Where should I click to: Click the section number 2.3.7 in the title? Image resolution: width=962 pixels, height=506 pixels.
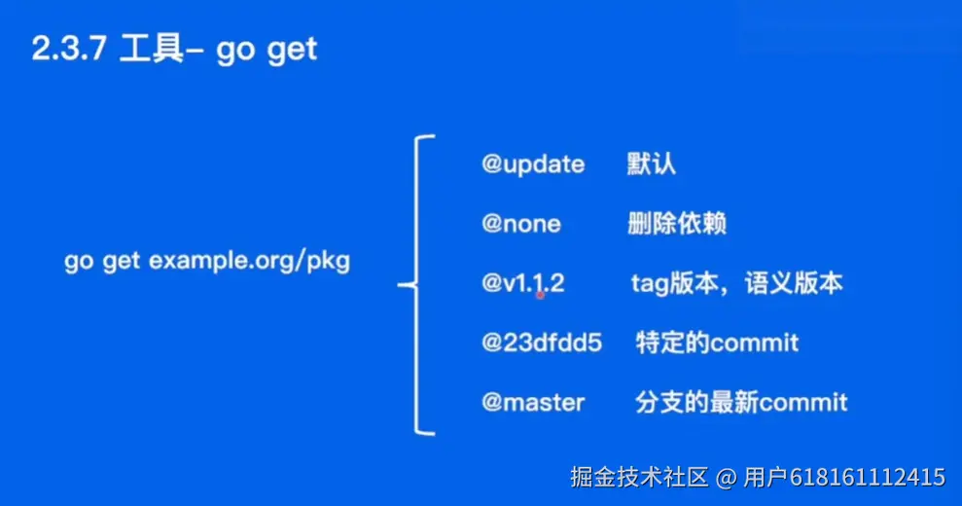(69, 49)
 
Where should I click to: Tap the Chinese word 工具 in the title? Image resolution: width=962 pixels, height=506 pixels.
(151, 49)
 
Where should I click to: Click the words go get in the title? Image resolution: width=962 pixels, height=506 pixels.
(267, 51)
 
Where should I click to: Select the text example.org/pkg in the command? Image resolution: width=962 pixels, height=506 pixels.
(249, 261)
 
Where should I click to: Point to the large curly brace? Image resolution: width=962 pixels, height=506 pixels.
(416, 284)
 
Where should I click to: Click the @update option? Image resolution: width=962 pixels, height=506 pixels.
(533, 164)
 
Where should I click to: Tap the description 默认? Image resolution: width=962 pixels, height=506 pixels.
(651, 163)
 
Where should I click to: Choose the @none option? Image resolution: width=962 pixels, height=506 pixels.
(520, 224)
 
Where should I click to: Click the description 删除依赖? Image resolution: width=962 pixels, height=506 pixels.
(677, 224)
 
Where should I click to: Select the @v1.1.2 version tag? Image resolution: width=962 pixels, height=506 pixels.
(522, 283)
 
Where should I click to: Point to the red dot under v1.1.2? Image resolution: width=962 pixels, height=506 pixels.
(541, 296)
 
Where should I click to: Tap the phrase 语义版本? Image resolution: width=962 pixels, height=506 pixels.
(794, 283)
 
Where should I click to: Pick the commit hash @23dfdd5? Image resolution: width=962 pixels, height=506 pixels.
(542, 343)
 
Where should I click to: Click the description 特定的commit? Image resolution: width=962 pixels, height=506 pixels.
(717, 343)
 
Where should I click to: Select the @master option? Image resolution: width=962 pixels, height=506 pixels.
(533, 403)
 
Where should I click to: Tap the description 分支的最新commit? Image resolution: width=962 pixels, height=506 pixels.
(741, 403)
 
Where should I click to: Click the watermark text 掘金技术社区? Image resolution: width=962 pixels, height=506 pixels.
(639, 477)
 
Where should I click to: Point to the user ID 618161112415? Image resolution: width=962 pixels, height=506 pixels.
(868, 477)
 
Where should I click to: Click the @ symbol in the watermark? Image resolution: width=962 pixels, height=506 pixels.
(726, 478)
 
